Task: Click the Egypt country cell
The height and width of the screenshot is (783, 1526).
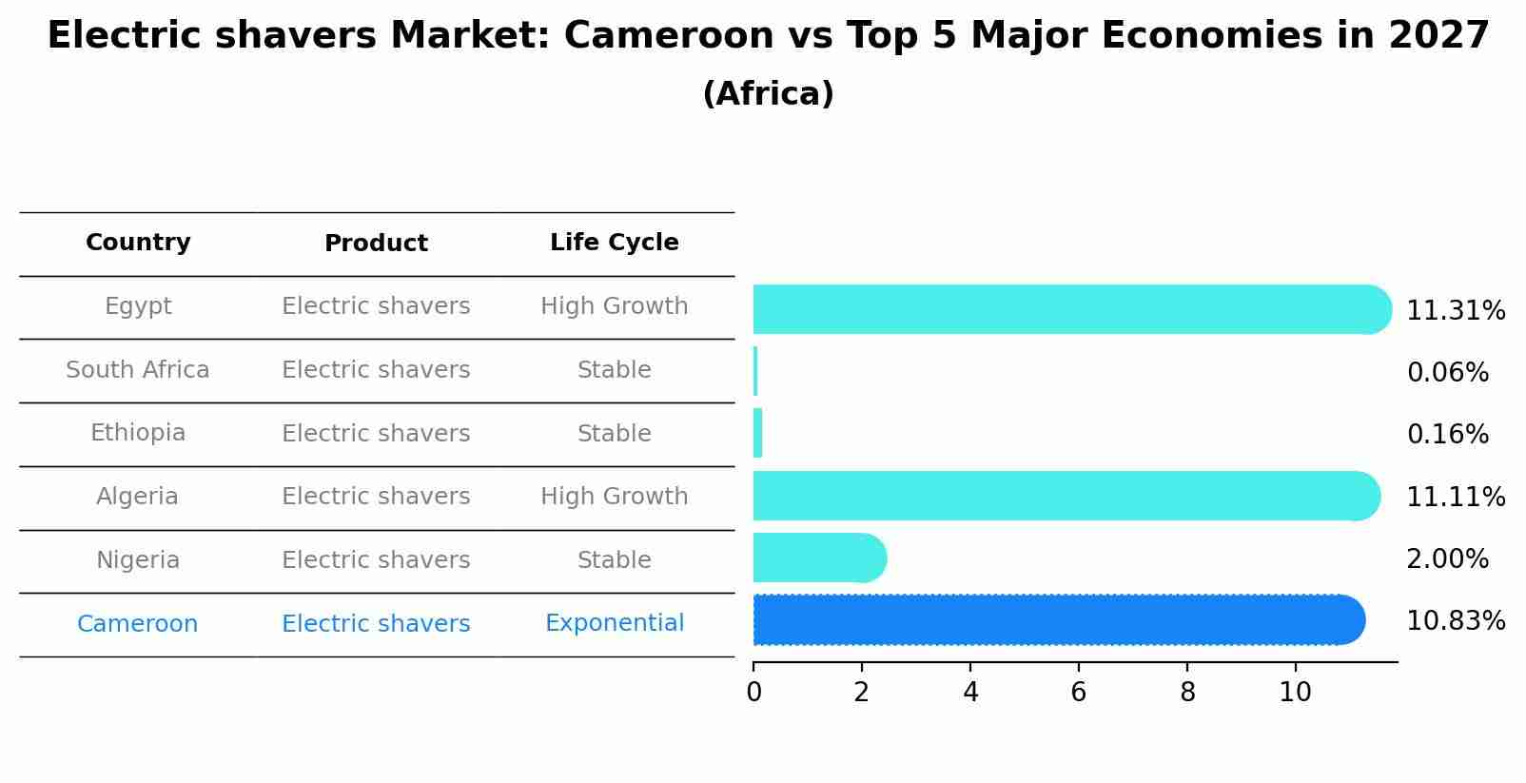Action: (138, 306)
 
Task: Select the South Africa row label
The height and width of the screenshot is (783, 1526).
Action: (138, 370)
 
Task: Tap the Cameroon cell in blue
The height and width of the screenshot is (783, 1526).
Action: (138, 624)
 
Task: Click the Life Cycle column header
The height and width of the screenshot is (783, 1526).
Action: (614, 243)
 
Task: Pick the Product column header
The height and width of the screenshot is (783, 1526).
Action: (376, 244)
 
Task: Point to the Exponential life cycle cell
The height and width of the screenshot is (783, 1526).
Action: (614, 623)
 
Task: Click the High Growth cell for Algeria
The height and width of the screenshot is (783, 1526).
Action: (614, 497)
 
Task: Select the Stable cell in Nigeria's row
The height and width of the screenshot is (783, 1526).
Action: (614, 560)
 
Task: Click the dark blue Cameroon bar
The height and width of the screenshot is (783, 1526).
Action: (1056, 619)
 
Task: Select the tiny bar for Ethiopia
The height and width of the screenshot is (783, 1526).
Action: (758, 433)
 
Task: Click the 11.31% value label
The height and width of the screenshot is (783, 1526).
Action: (1455, 311)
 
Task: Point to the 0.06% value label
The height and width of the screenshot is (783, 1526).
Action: (1447, 373)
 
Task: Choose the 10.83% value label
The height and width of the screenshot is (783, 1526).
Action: (1455, 621)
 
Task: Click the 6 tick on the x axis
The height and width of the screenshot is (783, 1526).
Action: (1078, 693)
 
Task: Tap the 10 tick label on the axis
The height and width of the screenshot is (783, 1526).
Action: (1295, 693)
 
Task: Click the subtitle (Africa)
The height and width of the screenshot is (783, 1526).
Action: (768, 94)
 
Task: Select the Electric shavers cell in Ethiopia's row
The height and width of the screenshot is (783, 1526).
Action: (376, 434)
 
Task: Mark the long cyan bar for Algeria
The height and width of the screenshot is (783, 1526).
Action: (1066, 496)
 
